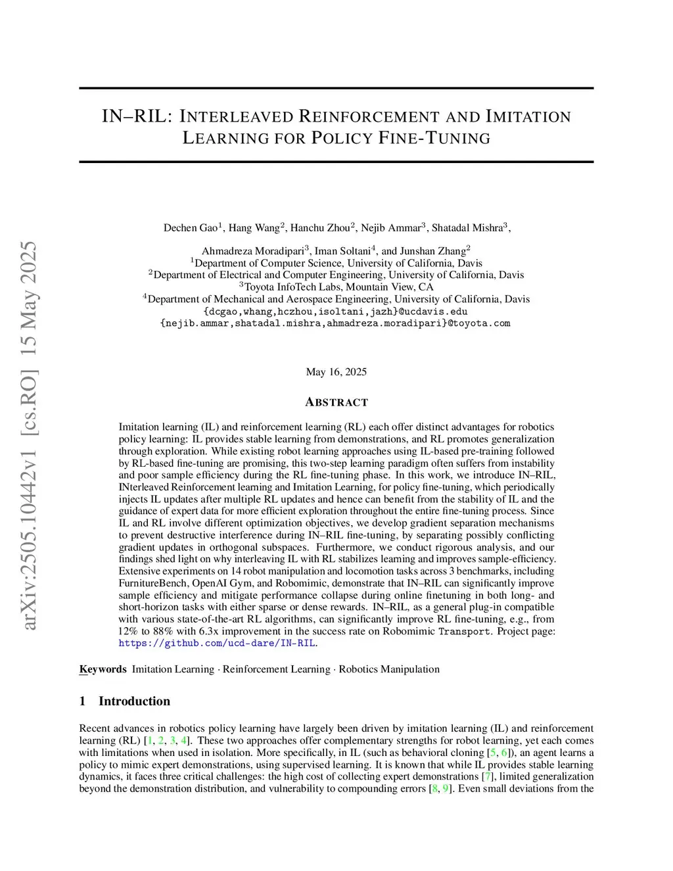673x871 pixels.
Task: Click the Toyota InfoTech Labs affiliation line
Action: tap(336, 287)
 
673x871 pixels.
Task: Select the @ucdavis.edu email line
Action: tap(336, 311)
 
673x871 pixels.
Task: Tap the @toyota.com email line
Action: tap(336, 323)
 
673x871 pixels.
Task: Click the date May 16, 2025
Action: tap(336, 372)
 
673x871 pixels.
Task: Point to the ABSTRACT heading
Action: tap(336, 402)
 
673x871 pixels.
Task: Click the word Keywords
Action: tap(103, 669)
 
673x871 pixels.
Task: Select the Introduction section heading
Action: tap(134, 701)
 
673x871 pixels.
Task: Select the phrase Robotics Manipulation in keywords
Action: tap(389, 669)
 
